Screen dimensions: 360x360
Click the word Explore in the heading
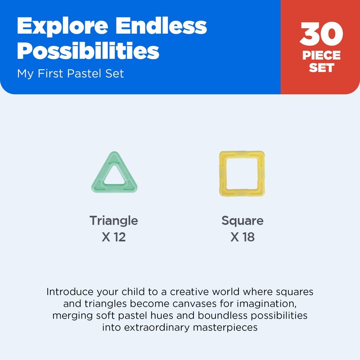click(x=63, y=26)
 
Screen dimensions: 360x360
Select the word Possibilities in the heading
click(x=88, y=51)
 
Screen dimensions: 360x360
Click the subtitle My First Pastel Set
click(x=71, y=74)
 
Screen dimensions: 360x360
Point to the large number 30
click(x=321, y=34)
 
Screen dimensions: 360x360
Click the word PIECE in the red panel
click(x=321, y=55)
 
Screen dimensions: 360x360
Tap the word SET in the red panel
click(x=321, y=68)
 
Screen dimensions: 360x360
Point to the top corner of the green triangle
click(x=114, y=152)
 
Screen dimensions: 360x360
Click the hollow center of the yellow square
click(x=242, y=174)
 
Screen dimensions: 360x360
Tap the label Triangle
click(x=114, y=221)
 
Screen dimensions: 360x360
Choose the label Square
click(x=243, y=221)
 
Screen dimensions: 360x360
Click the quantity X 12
click(x=114, y=237)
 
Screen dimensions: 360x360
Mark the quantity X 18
click(x=243, y=237)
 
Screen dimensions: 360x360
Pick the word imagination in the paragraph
click(x=266, y=304)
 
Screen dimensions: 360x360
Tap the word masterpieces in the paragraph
click(x=225, y=328)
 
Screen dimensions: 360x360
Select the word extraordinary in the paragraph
click(x=157, y=328)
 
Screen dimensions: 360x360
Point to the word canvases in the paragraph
click(x=194, y=304)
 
